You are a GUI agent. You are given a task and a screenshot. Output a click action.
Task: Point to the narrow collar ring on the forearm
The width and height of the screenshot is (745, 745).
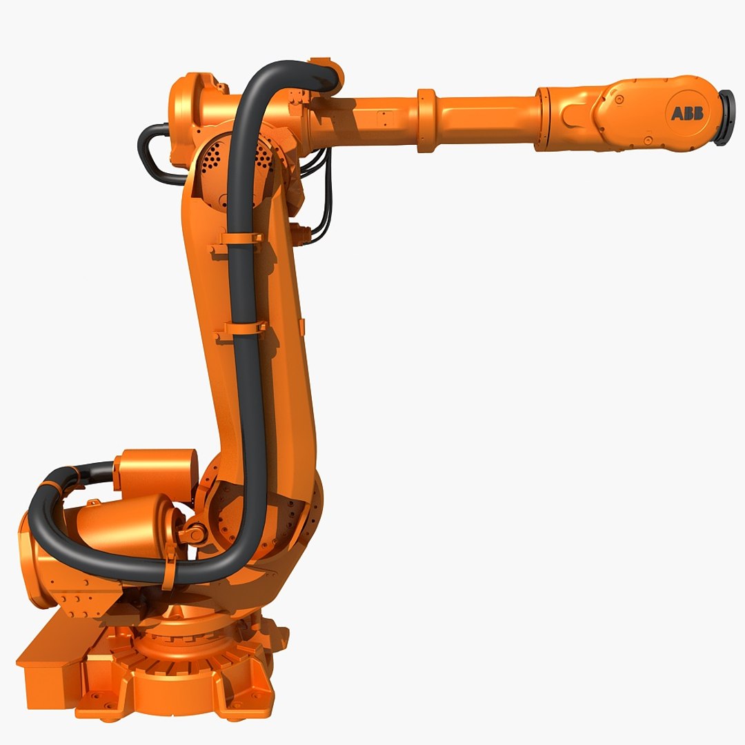tap(426, 120)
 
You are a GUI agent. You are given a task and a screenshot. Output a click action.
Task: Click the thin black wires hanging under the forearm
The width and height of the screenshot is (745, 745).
tap(322, 200)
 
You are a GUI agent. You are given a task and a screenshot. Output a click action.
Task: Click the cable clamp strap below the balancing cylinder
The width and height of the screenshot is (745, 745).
tap(168, 572)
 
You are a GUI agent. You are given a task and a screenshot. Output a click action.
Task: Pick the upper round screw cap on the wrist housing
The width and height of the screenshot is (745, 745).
tap(619, 100)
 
